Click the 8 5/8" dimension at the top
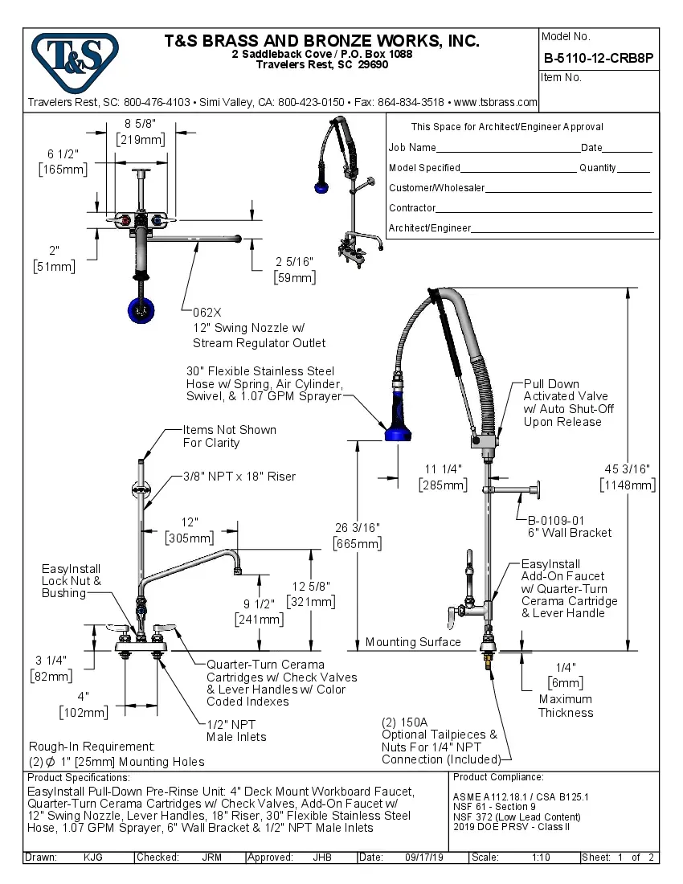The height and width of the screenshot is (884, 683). [141, 123]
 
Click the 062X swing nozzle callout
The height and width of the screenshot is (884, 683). [207, 311]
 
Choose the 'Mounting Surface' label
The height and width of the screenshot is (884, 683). [413, 642]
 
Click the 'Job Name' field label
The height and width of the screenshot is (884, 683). [412, 148]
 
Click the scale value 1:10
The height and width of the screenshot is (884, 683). [541, 857]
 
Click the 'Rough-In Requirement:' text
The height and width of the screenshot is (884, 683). [92, 747]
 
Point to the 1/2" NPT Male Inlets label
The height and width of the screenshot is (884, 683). [236, 730]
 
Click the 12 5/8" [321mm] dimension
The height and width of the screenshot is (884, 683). [312, 593]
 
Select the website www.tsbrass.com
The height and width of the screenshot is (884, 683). [496, 102]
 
